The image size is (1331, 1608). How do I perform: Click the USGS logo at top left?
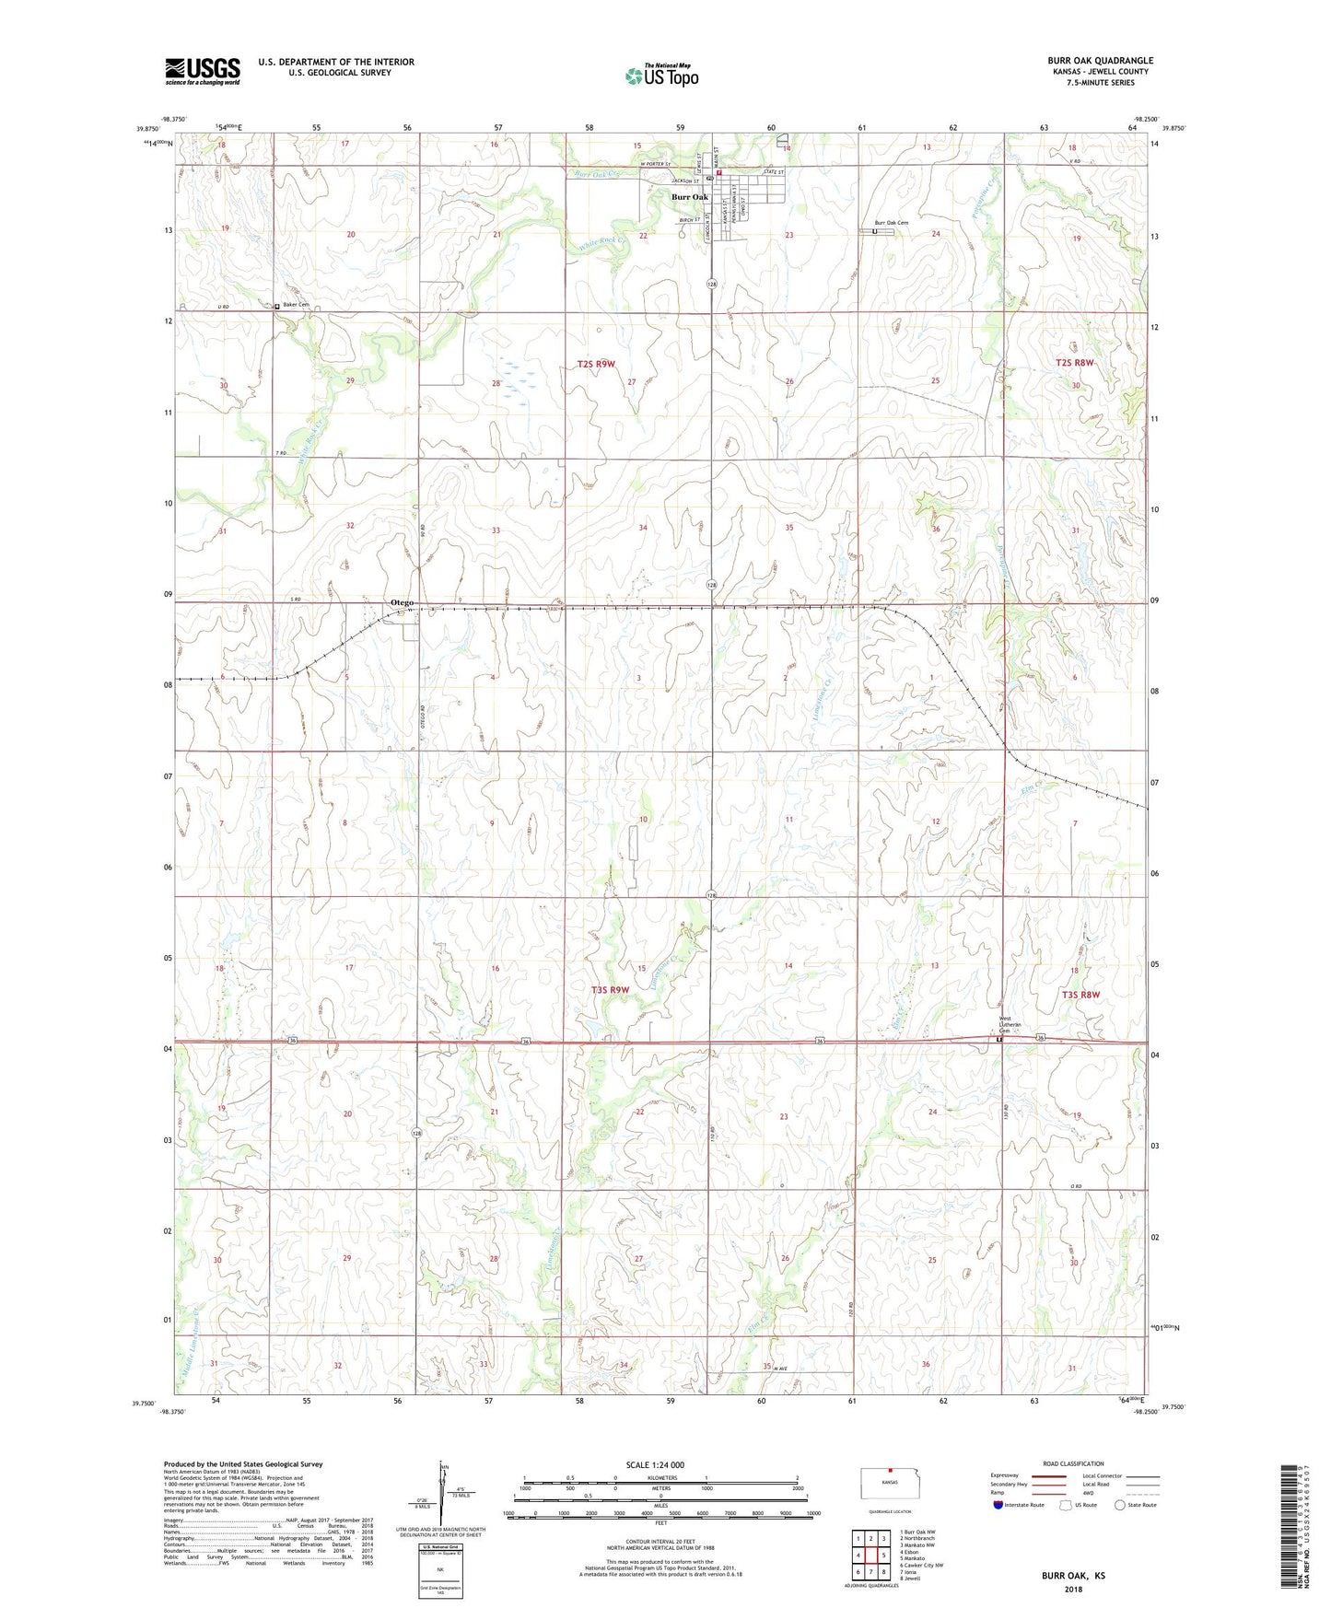click(203, 70)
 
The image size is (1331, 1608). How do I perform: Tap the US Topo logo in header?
click(660, 76)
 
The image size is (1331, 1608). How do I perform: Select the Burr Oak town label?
click(689, 197)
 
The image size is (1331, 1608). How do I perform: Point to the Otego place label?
click(402, 602)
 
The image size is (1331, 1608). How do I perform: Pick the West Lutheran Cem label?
click(1010, 1024)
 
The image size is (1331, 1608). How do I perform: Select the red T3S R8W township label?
click(1080, 995)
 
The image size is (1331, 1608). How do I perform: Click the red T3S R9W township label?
click(610, 990)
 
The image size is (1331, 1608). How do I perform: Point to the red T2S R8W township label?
click(1074, 363)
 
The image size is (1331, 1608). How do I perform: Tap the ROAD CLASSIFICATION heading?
click(1073, 1463)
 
